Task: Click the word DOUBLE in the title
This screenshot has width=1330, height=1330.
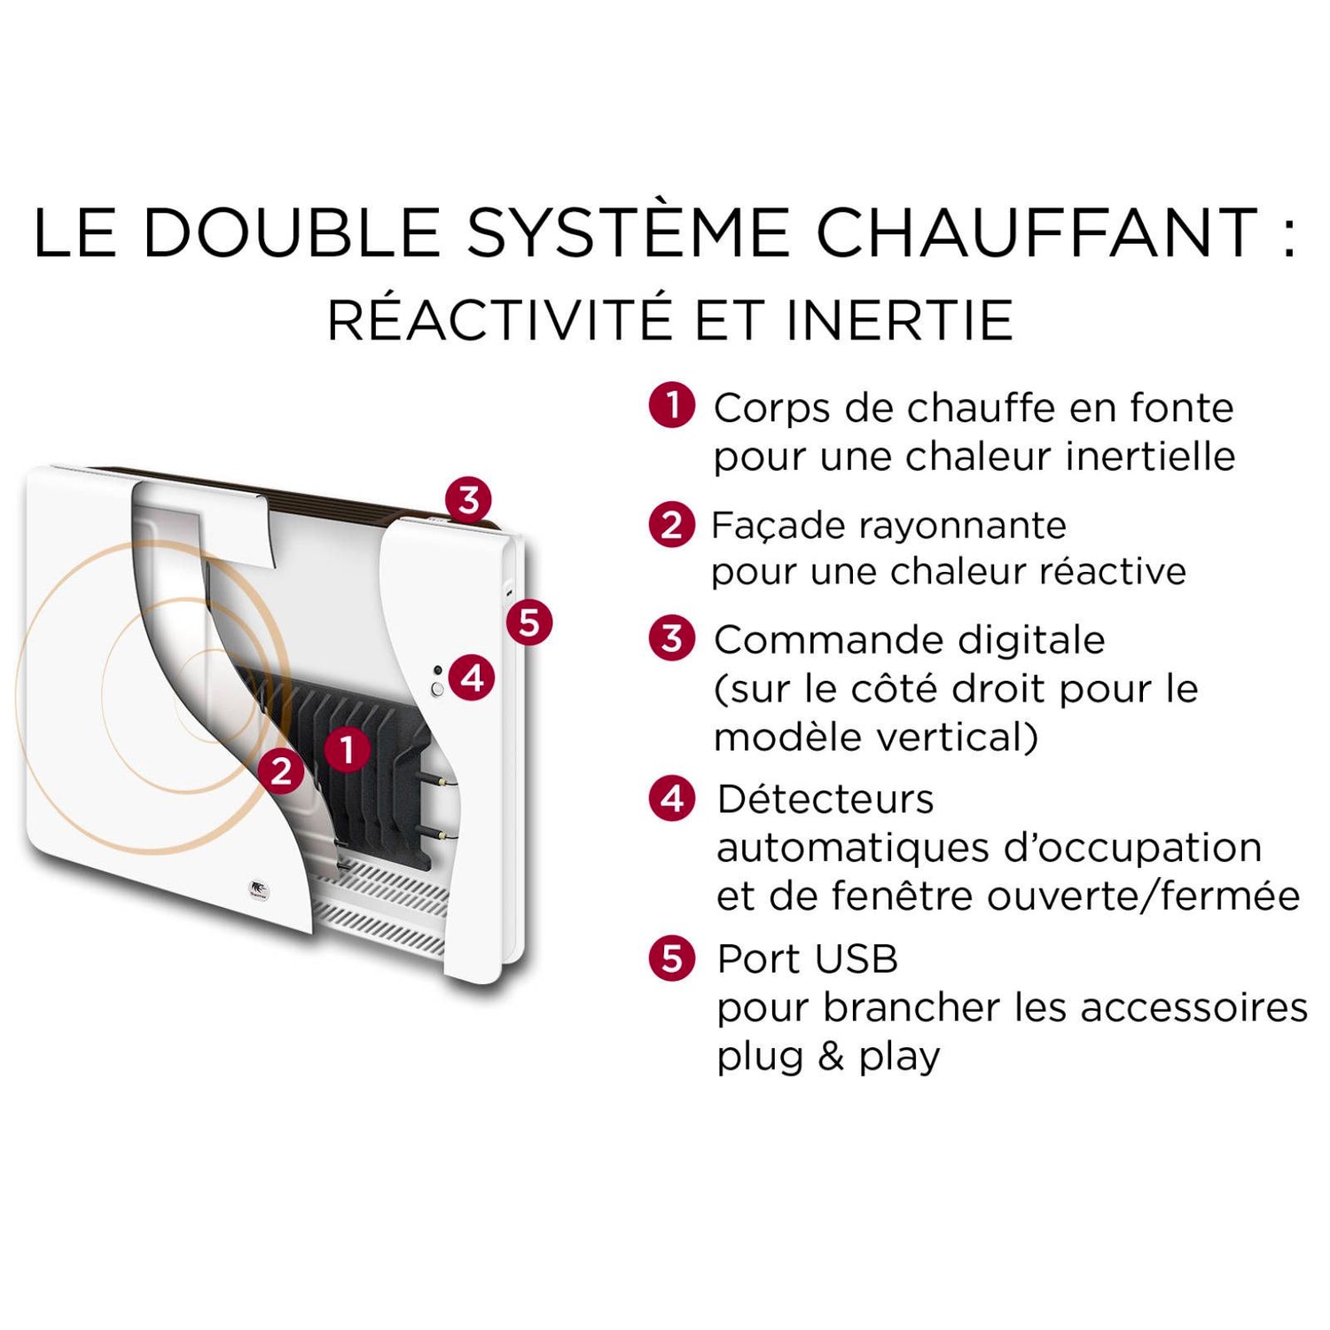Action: pos(292,232)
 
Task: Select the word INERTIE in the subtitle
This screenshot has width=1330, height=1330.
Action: pos(899,320)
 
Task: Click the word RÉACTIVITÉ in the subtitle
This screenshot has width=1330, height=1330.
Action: pos(499,320)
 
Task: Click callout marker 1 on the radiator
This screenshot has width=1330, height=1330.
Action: pos(347,749)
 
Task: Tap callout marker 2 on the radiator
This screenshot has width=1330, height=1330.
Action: pos(282,771)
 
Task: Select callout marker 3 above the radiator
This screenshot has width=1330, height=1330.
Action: pos(468,499)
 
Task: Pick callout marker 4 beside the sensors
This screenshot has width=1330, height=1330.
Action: pos(472,678)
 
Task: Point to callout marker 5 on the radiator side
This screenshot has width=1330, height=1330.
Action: pos(529,622)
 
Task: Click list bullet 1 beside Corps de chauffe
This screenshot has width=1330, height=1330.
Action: pos(672,405)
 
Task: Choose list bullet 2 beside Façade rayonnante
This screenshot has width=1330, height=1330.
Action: pos(672,525)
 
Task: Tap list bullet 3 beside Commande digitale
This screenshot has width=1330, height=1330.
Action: pos(672,638)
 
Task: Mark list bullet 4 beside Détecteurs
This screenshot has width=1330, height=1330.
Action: pos(672,799)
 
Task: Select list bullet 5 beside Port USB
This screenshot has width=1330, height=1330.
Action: pos(672,958)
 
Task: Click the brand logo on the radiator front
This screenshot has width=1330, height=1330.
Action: pos(258,889)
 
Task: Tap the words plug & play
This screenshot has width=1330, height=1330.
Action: pos(828,1057)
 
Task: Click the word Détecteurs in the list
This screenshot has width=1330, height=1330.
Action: pos(825,799)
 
